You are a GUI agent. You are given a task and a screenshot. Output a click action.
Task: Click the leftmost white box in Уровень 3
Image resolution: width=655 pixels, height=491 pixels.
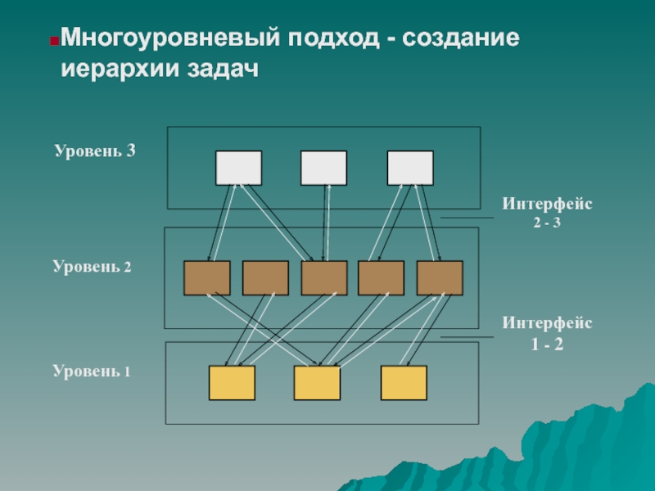click(x=238, y=168)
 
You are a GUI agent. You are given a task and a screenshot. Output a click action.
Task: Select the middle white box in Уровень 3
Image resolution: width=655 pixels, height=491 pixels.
click(x=323, y=168)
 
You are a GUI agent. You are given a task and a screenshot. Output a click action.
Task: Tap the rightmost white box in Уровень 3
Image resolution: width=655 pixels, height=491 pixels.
click(x=410, y=168)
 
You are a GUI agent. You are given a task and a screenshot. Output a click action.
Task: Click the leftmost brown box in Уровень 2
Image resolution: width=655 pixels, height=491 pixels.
click(x=207, y=278)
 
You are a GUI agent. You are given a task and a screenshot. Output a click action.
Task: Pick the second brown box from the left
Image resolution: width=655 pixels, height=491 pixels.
click(x=265, y=278)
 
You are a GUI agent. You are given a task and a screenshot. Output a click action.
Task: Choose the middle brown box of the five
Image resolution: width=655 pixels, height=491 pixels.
click(x=324, y=278)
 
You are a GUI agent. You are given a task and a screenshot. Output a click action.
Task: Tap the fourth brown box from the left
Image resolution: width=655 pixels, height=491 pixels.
click(x=382, y=278)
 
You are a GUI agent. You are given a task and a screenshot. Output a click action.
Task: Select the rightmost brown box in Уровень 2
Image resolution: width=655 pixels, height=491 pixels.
click(x=440, y=278)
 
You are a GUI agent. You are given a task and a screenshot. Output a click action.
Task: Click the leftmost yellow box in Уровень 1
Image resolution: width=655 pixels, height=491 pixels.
click(x=232, y=383)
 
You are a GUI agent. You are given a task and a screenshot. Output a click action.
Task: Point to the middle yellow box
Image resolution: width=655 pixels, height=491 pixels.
click(x=317, y=383)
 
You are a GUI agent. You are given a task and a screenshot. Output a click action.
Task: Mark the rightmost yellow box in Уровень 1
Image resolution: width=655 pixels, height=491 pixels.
click(x=404, y=383)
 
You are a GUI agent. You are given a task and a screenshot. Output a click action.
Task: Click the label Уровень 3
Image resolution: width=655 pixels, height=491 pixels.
click(x=95, y=151)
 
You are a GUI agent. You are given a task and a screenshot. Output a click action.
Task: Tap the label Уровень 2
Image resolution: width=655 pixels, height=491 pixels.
click(x=93, y=267)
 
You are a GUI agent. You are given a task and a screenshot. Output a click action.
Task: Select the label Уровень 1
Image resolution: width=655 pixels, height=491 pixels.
click(x=93, y=372)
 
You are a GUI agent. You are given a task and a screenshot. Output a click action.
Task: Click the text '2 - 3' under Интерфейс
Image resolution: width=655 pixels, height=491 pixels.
click(x=546, y=222)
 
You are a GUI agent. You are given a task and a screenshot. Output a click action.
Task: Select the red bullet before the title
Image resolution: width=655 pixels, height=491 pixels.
click(x=53, y=40)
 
